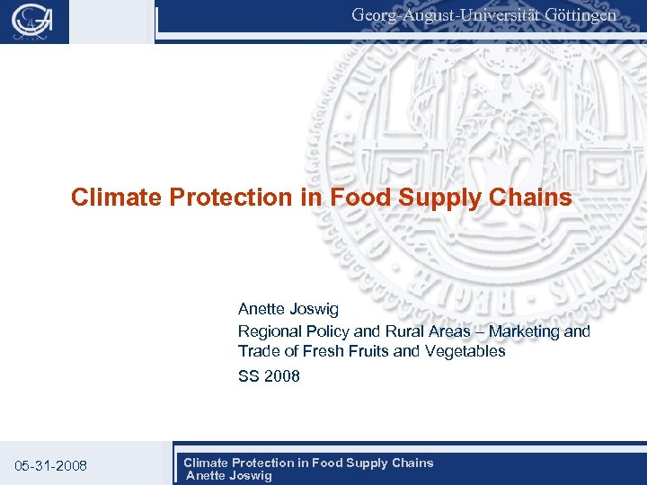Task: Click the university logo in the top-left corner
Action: (x=34, y=22)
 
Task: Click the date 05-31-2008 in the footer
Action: (x=51, y=465)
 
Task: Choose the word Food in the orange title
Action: (x=358, y=198)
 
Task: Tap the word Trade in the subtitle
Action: (x=259, y=351)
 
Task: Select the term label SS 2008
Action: (x=269, y=376)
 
